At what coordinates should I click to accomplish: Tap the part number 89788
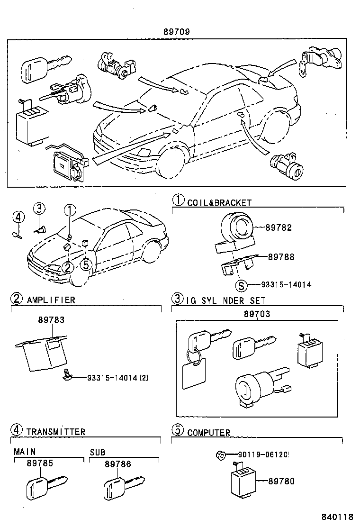[281, 257]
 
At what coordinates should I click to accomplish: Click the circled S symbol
[242, 285]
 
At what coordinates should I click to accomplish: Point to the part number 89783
[51, 320]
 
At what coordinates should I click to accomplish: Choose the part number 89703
[257, 314]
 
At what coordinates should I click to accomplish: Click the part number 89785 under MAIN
[40, 464]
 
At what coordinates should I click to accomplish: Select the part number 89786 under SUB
[117, 464]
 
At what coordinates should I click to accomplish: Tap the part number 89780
[281, 482]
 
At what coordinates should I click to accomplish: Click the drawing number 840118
[338, 517]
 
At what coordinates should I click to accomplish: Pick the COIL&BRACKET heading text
[219, 203]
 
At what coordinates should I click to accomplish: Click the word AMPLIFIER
[51, 300]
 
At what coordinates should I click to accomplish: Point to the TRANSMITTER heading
[56, 432]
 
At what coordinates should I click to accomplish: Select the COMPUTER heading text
[208, 432]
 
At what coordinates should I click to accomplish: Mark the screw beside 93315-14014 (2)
[68, 376]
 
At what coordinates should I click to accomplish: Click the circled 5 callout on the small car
[86, 265]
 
